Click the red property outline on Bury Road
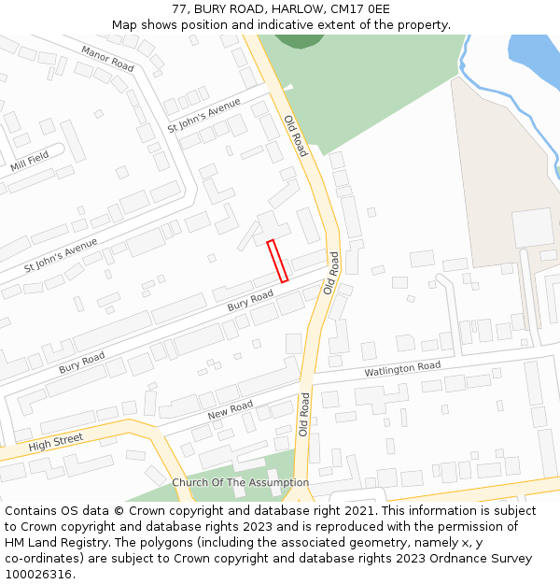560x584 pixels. [277, 261]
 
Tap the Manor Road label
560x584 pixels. [107, 59]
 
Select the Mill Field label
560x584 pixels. [30, 162]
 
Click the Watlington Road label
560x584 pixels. [401, 369]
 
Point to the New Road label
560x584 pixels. [230, 409]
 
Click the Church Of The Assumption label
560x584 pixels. [240, 482]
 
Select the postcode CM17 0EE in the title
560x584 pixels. [361, 9]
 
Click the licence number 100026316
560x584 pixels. [39, 574]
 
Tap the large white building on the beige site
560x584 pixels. [532, 227]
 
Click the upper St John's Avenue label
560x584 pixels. [203, 114]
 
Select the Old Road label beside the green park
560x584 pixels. [295, 134]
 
